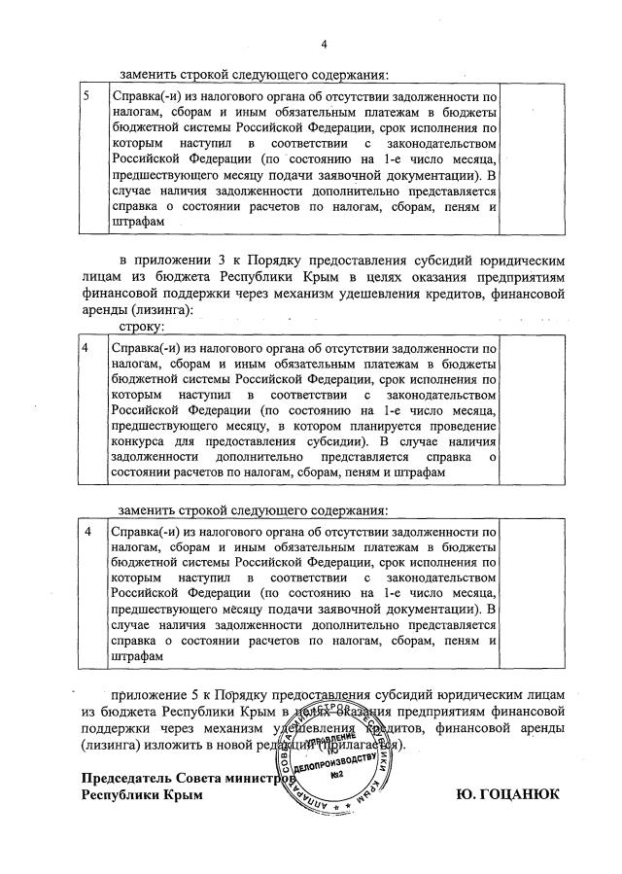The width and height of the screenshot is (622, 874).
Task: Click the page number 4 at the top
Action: pyautogui.click(x=325, y=44)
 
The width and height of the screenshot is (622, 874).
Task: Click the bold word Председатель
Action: pyautogui.click(x=130, y=779)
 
